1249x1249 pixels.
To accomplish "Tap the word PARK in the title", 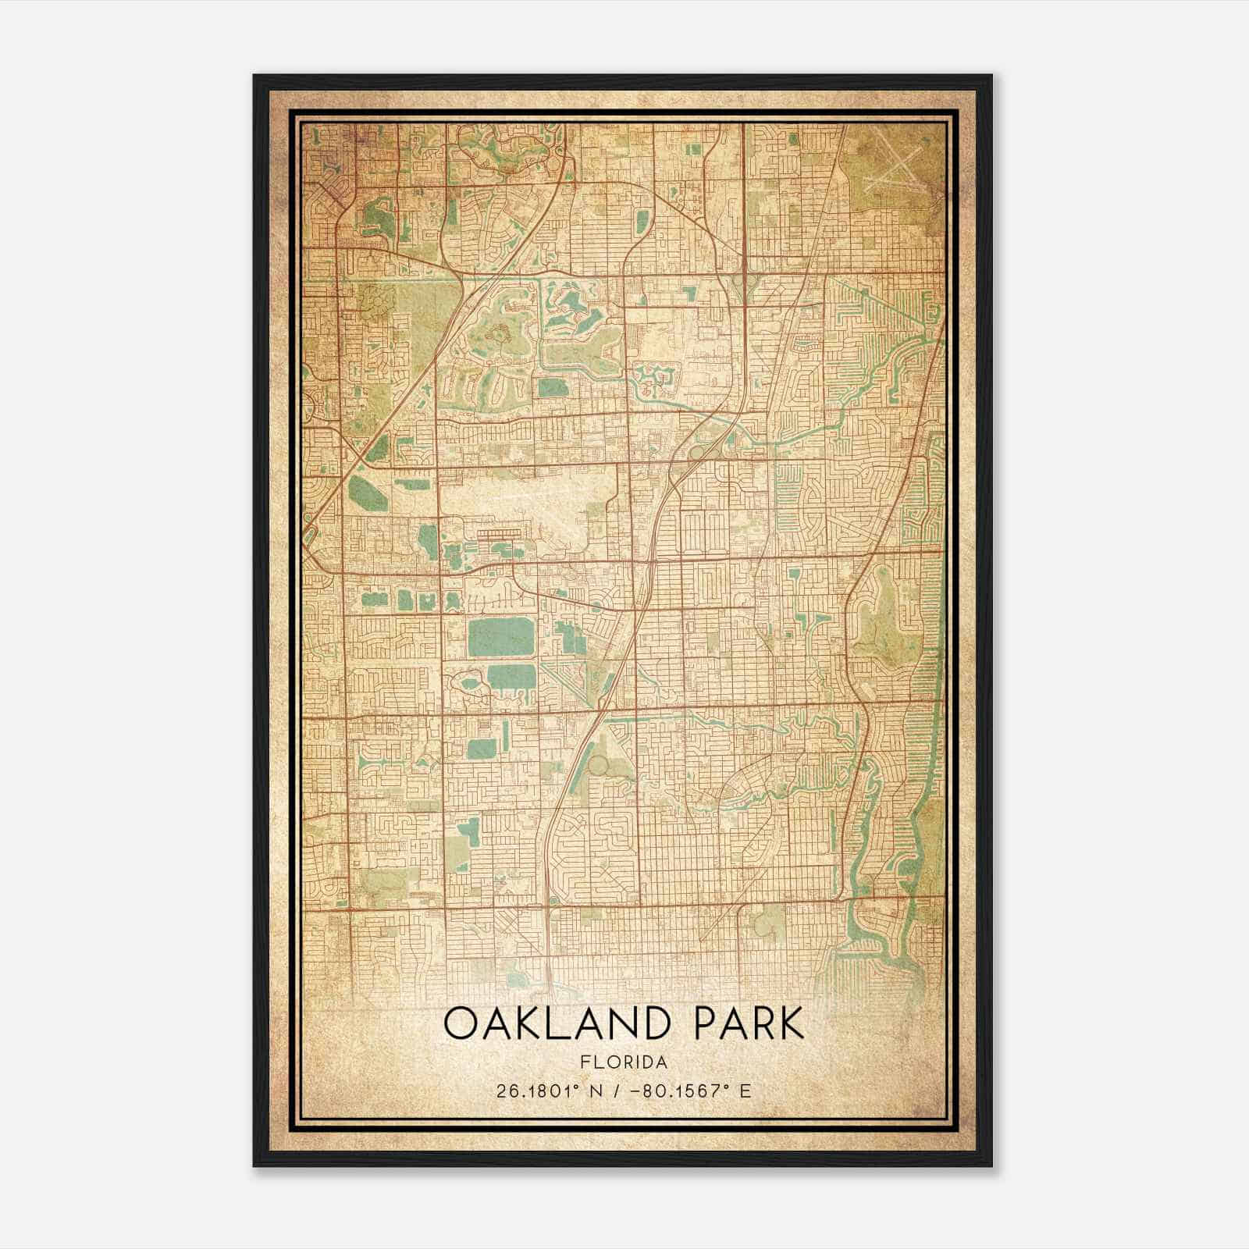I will point(748,1023).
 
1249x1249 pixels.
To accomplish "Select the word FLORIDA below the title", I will point(624,1062).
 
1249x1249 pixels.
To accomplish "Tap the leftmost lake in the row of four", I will point(374,600).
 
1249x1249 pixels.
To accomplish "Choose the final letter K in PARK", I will point(791,1023).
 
